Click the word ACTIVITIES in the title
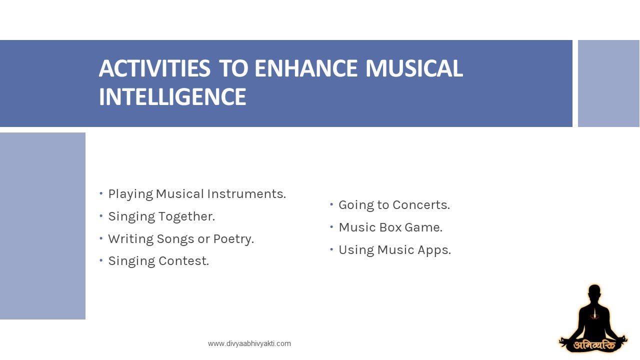(154, 68)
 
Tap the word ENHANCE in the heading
(305, 68)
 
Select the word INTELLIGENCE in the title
(172, 96)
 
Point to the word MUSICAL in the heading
(414, 68)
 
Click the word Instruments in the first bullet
(246, 193)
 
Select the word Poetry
(233, 239)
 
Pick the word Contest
(183, 261)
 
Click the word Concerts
(421, 205)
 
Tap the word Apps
(434, 250)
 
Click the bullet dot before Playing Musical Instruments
(101, 193)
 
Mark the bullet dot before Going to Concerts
(331, 204)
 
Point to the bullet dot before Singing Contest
(101, 260)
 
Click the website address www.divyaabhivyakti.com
(249, 343)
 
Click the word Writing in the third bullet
(130, 239)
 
